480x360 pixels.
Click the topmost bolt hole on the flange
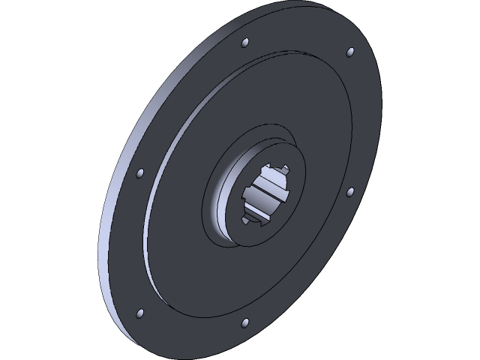click(x=245, y=43)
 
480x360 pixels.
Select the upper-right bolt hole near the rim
click(x=349, y=52)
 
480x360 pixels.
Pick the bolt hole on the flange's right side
click(x=349, y=192)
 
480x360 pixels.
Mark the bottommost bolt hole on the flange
click(x=244, y=323)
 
